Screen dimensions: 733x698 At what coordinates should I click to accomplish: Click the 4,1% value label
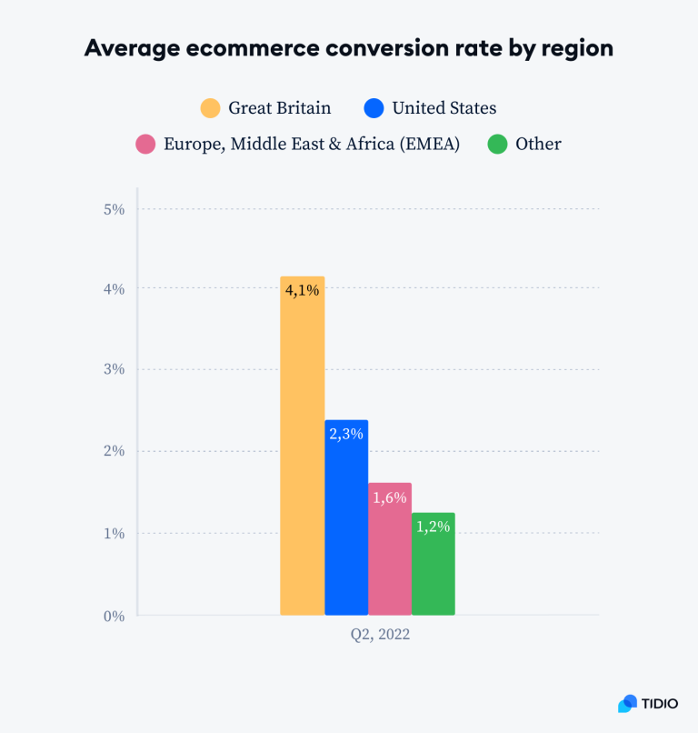(303, 293)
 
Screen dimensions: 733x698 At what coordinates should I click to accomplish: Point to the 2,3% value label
(346, 435)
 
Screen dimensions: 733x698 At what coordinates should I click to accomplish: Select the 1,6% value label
(390, 497)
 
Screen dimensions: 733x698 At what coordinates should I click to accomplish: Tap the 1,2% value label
(434, 527)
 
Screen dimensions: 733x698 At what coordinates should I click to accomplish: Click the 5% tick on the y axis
(114, 208)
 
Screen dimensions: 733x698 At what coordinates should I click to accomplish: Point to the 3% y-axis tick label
(114, 370)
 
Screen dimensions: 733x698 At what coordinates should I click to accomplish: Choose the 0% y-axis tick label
(114, 616)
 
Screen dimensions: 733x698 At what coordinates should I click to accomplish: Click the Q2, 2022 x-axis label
(380, 635)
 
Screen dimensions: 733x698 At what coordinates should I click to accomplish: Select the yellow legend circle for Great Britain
(211, 108)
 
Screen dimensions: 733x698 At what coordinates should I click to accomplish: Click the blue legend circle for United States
(374, 108)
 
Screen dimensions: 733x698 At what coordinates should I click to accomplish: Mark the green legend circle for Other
(497, 144)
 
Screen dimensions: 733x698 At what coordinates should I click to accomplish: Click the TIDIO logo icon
(627, 703)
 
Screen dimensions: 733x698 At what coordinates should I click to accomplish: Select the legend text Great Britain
(280, 108)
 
